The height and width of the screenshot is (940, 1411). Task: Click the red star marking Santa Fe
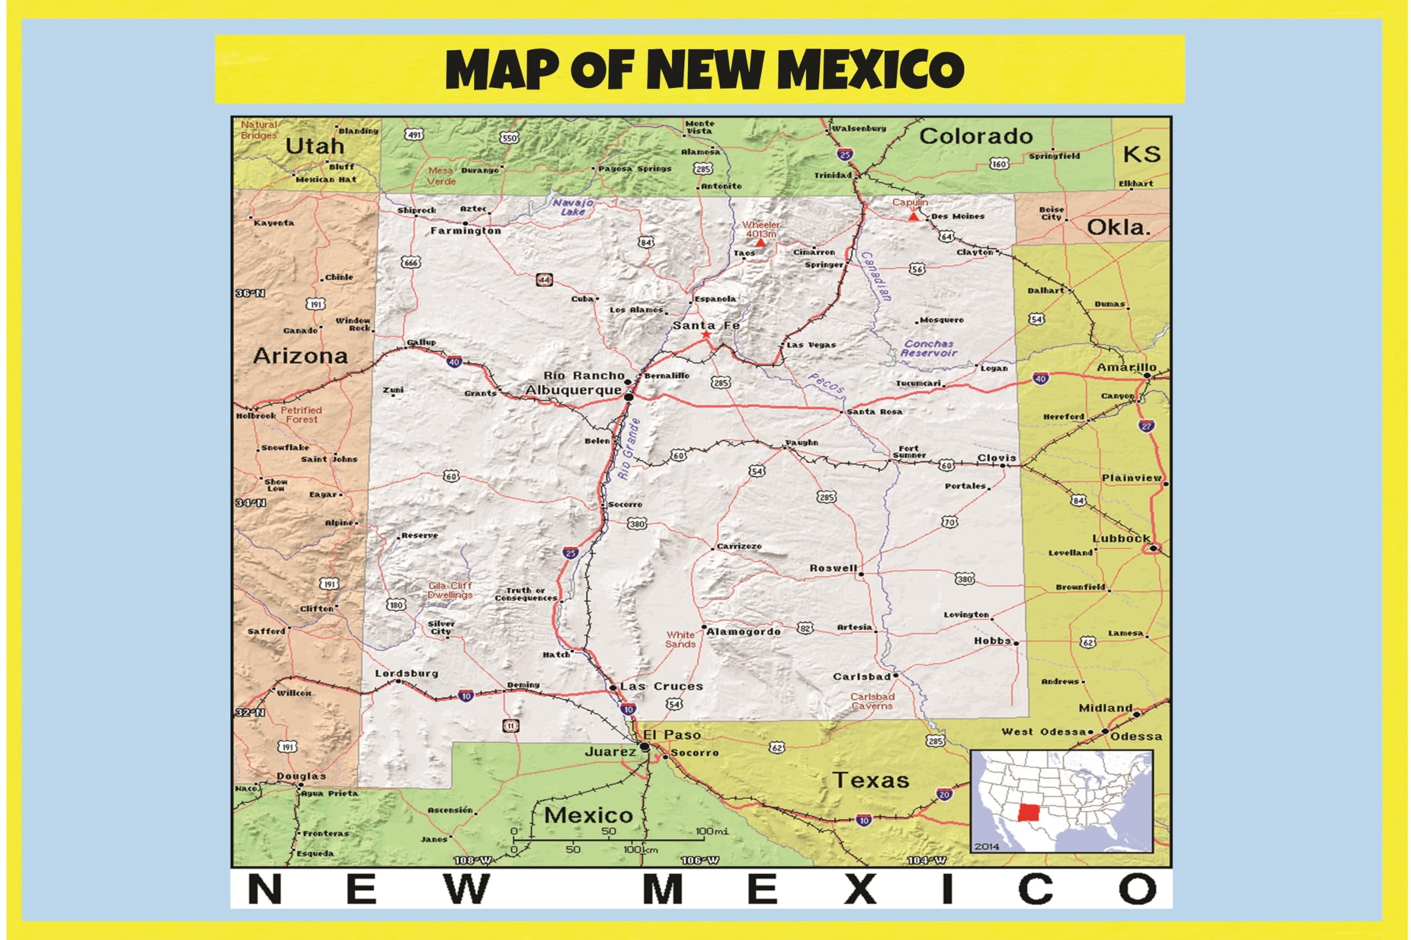pos(706,334)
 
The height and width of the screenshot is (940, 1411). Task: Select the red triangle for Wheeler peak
pos(760,243)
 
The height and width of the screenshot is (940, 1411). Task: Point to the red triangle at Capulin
pos(913,216)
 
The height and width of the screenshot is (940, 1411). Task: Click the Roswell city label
pos(833,568)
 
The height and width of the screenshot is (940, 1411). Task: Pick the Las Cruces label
pos(661,687)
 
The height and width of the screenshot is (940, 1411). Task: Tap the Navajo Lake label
pos(573,207)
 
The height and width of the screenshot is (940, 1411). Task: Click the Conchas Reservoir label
pos(929,349)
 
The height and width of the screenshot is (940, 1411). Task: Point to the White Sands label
pos(680,639)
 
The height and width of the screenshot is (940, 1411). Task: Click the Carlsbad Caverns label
pos(873,702)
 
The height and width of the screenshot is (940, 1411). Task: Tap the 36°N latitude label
pos(250,293)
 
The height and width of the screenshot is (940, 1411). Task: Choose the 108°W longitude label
pos(473,860)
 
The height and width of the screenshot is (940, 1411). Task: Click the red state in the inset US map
pos(1030,813)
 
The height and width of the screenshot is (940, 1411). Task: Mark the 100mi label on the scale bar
pos(712,832)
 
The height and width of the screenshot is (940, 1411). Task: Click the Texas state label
pos(870,780)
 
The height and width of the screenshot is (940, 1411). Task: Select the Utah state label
pos(314,146)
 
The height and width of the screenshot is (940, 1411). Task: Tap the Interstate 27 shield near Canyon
pos(1146,426)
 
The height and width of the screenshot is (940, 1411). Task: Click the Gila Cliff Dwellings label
pos(450,590)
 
